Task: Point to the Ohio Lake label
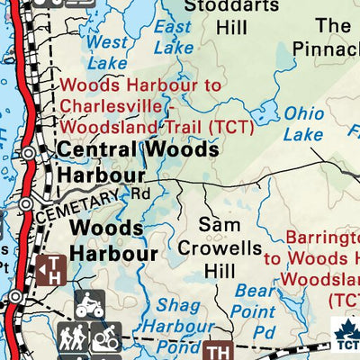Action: coord(304,123)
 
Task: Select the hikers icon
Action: coord(75,337)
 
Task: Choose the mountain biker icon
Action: coord(105,337)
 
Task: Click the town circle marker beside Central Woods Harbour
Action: coord(30,154)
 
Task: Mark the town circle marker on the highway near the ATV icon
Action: coord(15,296)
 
